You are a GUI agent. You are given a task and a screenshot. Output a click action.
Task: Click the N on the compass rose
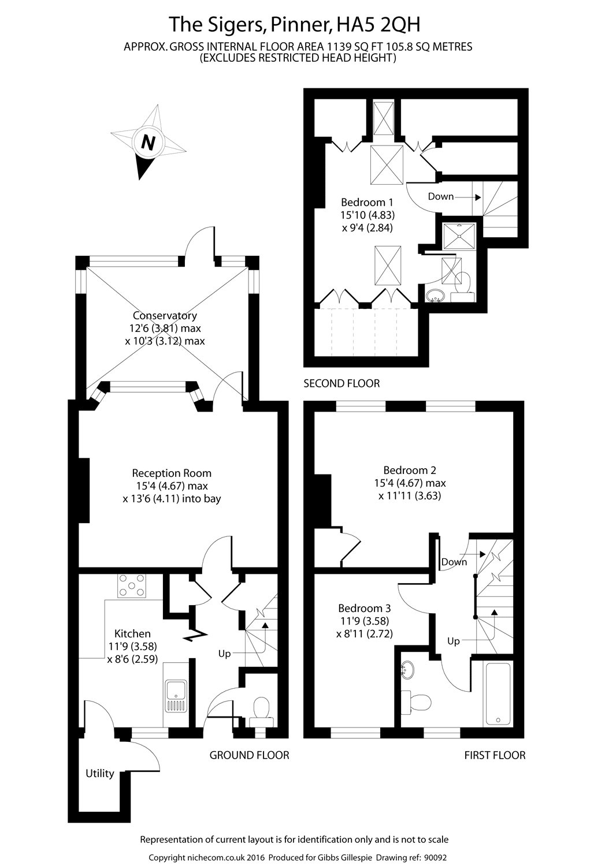[x=148, y=141]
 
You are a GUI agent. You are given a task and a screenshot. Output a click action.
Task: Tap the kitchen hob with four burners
[x=132, y=586]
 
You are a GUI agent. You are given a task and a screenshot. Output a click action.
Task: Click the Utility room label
[x=100, y=773]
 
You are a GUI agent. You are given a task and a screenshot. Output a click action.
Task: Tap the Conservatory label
[x=165, y=316]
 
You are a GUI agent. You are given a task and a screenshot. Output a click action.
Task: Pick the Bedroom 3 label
[x=365, y=608]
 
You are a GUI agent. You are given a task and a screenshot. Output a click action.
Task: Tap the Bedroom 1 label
[x=367, y=202]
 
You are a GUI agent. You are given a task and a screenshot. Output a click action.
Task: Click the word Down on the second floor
[x=441, y=196]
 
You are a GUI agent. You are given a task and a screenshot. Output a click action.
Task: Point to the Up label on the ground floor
[x=224, y=654]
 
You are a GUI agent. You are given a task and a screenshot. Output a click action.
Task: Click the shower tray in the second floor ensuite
[x=460, y=234]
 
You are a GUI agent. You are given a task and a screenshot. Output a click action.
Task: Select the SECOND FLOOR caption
[x=341, y=383]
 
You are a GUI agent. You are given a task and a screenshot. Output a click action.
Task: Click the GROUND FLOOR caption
[x=249, y=755]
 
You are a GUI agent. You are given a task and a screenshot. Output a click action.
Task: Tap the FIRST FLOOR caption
[x=495, y=755]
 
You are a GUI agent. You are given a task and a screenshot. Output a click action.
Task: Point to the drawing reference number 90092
[x=435, y=858]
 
